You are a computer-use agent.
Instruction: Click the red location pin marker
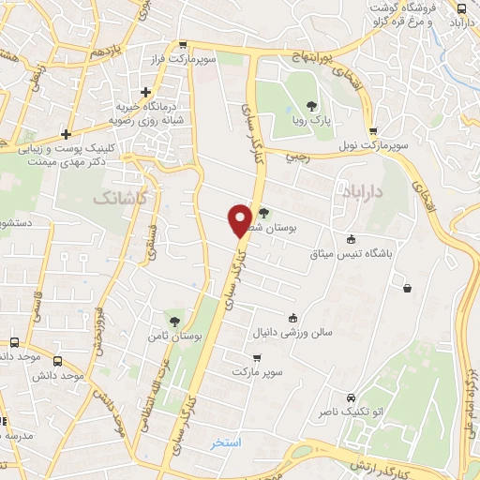click(240, 220)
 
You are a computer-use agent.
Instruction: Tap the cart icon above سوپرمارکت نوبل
click(374, 132)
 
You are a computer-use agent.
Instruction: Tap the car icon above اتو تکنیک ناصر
click(350, 397)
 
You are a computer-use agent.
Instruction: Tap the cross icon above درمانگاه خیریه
click(145, 92)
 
